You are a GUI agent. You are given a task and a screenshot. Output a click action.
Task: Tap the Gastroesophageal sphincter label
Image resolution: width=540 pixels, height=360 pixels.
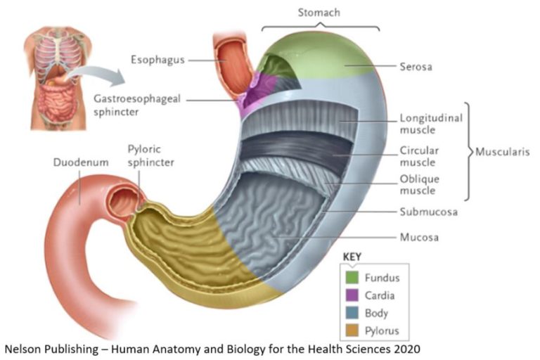pyautogui.click(x=137, y=105)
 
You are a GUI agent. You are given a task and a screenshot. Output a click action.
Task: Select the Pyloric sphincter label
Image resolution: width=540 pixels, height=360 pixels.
pyautogui.click(x=150, y=155)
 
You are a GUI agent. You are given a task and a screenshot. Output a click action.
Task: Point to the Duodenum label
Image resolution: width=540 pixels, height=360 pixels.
pyautogui.click(x=81, y=162)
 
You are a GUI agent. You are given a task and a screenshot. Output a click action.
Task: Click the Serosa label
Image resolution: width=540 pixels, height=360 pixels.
pyautogui.click(x=416, y=67)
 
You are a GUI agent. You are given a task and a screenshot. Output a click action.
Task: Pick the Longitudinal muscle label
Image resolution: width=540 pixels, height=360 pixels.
pyautogui.click(x=430, y=124)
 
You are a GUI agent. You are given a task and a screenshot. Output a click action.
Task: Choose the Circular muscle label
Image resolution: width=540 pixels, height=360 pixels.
pyautogui.click(x=419, y=156)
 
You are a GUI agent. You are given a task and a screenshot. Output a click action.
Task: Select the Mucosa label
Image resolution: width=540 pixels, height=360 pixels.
pyautogui.click(x=420, y=237)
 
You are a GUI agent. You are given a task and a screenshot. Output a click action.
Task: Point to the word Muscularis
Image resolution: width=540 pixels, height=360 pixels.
pyautogui.click(x=501, y=151)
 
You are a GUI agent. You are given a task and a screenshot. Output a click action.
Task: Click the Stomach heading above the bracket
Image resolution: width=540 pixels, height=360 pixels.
pyautogui.click(x=320, y=13)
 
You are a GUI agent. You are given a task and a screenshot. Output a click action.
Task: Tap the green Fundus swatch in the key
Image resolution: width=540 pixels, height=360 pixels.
pyautogui.click(x=351, y=278)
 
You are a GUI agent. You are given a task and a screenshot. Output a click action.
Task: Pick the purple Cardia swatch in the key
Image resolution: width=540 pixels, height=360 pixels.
pyautogui.click(x=351, y=295)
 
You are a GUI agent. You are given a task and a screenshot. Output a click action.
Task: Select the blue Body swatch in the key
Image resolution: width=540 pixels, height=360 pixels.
pyautogui.click(x=351, y=313)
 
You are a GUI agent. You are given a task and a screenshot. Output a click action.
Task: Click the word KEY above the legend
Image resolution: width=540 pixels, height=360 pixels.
pyautogui.click(x=352, y=257)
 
